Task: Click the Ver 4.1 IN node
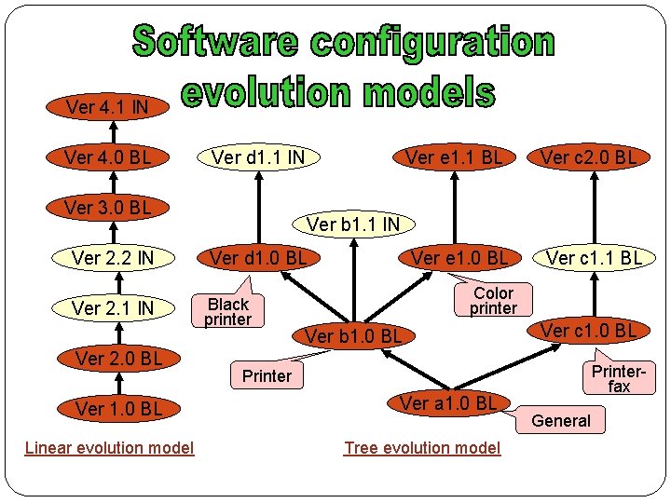pos(107,107)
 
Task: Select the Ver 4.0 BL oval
pos(107,156)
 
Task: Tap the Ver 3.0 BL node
pos(107,207)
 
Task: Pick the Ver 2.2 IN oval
pos(113,257)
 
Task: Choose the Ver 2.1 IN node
pos(113,307)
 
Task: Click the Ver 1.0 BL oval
pos(118,408)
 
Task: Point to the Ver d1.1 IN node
pos(258,156)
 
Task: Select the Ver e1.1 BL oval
pos(454,156)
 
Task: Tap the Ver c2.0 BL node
pos(589,156)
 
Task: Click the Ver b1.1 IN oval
pos(353,224)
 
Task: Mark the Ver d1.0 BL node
pos(258,257)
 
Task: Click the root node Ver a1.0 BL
pos(448,402)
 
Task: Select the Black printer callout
pos(228,311)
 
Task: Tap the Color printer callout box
pos(493,300)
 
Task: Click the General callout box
pos(560,420)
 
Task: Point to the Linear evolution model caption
pos(109,448)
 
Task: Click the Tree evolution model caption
pos(422,448)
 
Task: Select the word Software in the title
pos(216,41)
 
